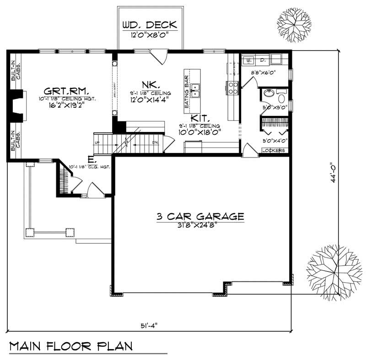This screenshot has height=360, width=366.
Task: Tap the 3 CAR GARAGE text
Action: [x=200, y=216]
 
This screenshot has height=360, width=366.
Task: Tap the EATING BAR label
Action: [x=187, y=92]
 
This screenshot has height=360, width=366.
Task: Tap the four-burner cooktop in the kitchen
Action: [x=232, y=87]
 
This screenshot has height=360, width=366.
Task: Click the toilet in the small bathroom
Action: [x=281, y=98]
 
